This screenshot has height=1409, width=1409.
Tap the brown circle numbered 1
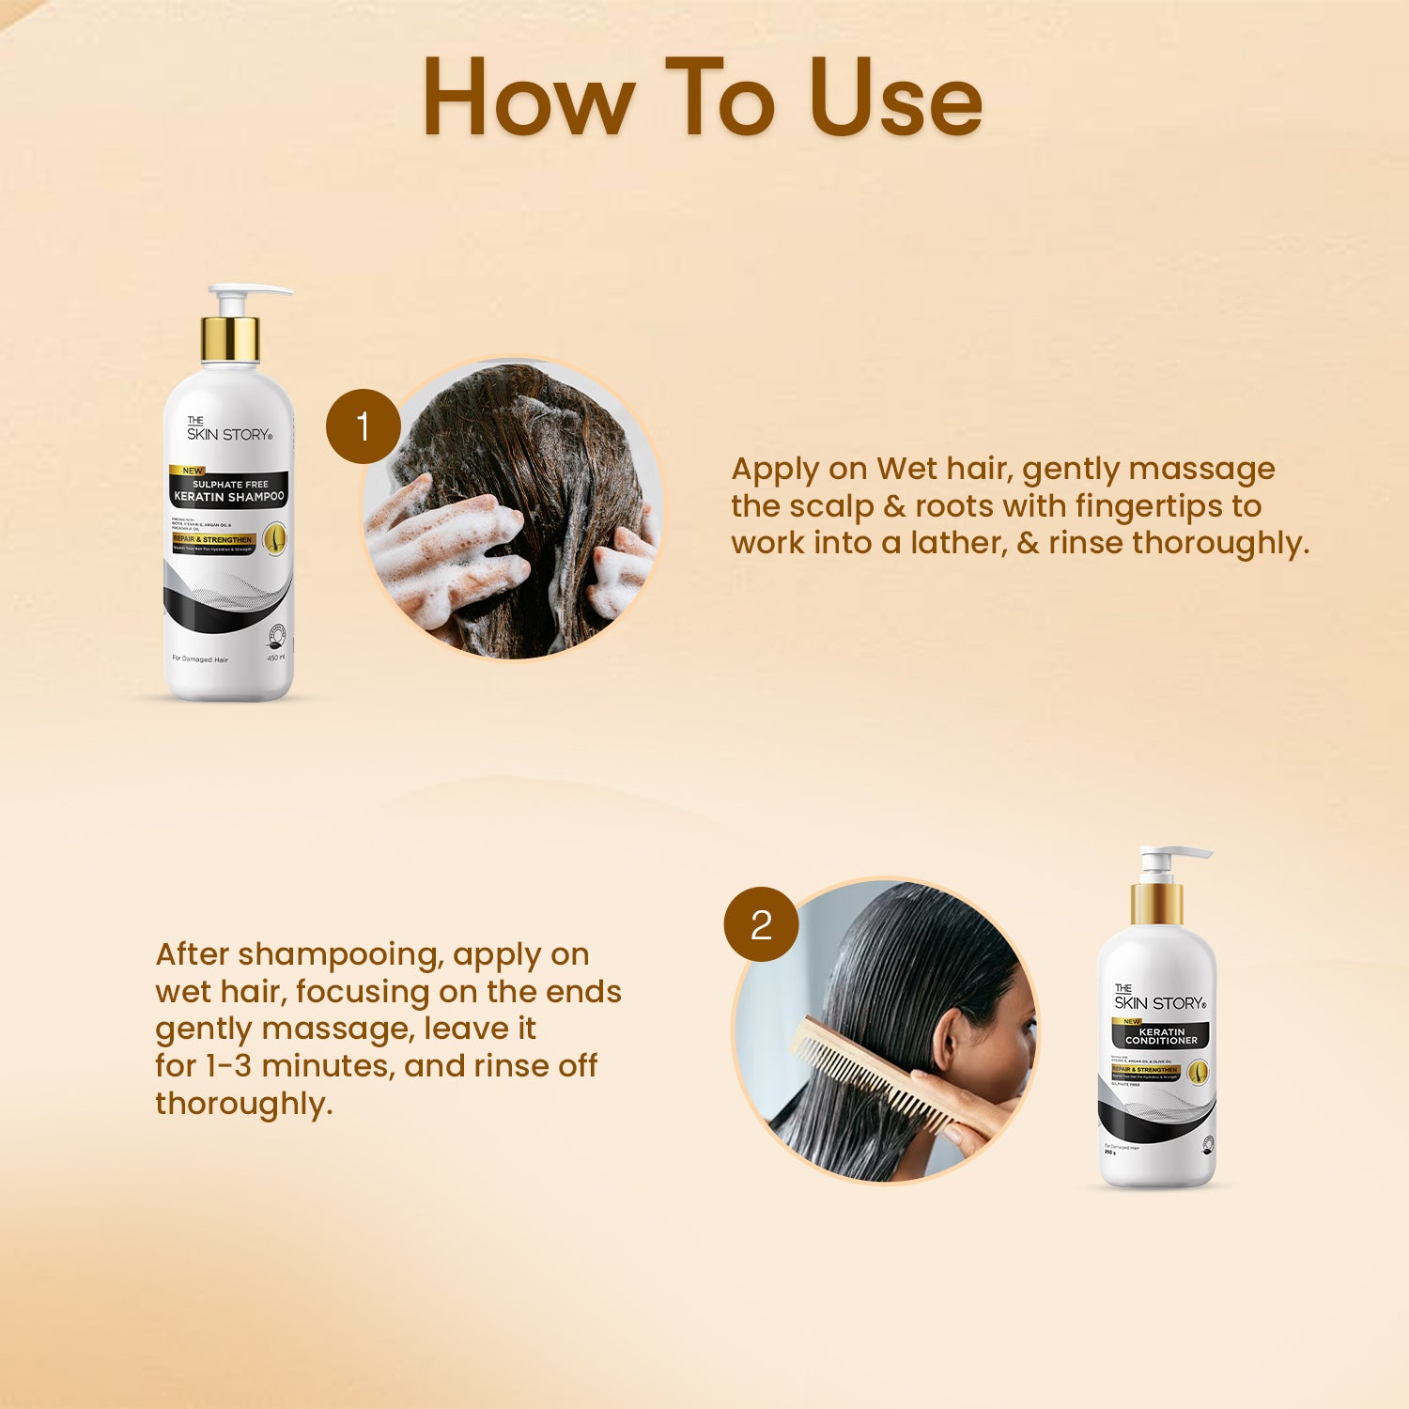click(363, 426)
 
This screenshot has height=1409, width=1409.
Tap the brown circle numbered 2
click(761, 924)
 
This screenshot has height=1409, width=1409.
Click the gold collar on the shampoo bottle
click(229, 340)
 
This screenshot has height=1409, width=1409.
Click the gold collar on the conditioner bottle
click(1156, 904)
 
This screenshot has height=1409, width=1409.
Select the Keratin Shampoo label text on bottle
click(229, 496)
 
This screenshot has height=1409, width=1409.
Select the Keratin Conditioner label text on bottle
click(1161, 1036)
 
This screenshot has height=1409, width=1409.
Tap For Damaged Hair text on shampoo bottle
click(200, 659)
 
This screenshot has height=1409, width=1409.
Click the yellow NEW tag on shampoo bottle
click(192, 471)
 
